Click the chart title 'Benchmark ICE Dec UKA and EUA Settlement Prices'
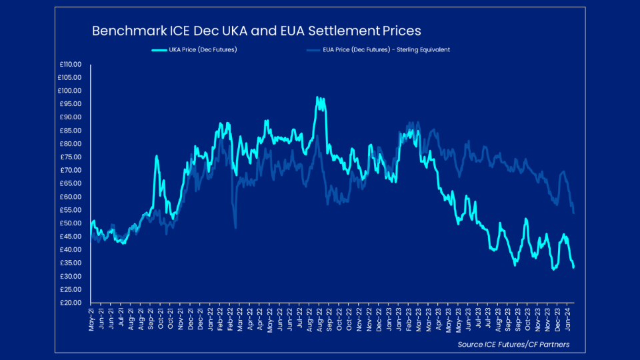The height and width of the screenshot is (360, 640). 256,31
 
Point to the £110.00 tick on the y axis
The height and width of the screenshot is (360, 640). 70,65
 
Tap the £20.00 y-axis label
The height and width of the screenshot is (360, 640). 70,303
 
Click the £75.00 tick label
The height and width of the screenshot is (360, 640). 70,157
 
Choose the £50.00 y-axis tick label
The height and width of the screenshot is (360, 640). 70,223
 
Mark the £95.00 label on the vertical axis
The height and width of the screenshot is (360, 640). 70,104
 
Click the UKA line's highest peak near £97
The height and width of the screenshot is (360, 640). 318,98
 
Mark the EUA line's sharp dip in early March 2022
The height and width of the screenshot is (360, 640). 235,227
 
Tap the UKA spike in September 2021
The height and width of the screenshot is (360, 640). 157,157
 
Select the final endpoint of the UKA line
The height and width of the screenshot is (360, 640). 573,267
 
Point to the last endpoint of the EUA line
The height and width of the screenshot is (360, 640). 573,213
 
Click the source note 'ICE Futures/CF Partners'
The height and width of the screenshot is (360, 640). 513,345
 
